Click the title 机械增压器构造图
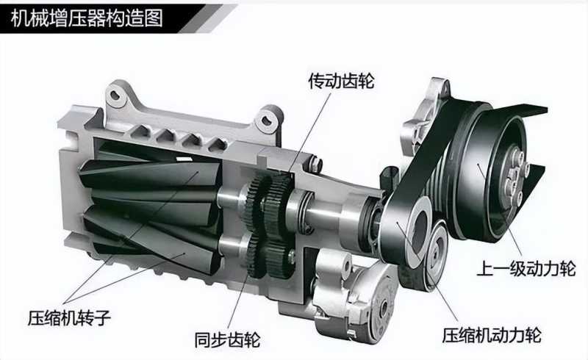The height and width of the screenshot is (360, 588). pyautogui.click(x=87, y=18)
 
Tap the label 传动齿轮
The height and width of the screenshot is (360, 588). pyautogui.click(x=341, y=81)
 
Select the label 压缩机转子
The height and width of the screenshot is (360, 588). pyautogui.click(x=69, y=318)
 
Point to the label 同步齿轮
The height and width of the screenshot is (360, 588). pyautogui.click(x=228, y=339)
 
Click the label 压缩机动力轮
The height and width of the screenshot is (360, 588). pyautogui.click(x=492, y=335)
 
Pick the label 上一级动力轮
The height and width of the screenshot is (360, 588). pyautogui.click(x=526, y=268)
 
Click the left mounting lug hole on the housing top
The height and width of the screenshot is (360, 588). pyautogui.click(x=115, y=95)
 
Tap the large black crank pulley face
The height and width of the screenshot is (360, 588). pyautogui.click(x=487, y=176)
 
